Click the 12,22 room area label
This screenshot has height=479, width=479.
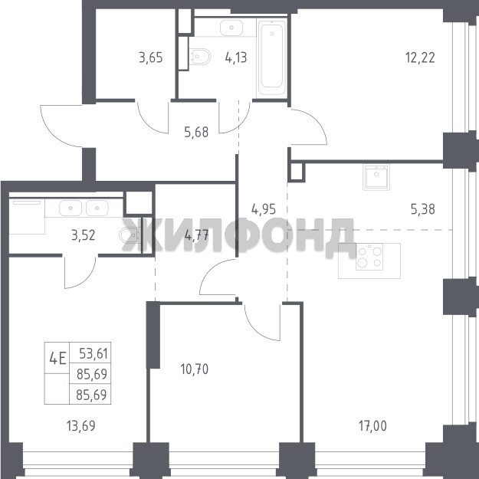[420, 57]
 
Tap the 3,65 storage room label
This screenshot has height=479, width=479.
[151, 57]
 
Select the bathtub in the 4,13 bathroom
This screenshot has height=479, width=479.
[271, 58]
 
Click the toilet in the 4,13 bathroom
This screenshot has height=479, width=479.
[200, 57]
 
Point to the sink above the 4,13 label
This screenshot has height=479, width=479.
[231, 28]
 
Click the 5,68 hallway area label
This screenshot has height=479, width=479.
[196, 133]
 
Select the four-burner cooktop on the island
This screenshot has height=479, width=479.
[369, 257]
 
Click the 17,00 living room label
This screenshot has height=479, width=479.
[372, 426]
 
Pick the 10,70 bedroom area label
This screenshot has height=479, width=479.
[195, 369]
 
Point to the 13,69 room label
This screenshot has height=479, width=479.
[81, 426]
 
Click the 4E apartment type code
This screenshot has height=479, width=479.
[57, 359]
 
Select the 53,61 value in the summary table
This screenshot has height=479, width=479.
[94, 353]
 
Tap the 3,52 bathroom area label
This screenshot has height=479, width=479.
[83, 235]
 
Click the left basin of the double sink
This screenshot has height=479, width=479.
[71, 208]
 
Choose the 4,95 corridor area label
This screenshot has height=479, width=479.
[264, 209]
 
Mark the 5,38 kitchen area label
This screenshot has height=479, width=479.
[423, 209]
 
